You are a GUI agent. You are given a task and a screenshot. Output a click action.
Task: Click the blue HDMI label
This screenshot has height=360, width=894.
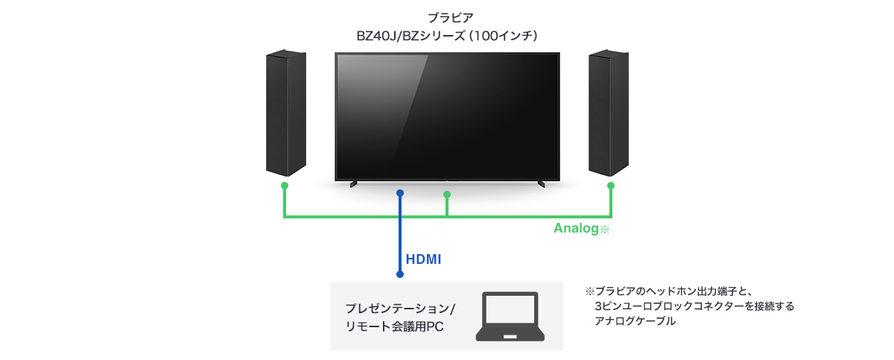point(423,259)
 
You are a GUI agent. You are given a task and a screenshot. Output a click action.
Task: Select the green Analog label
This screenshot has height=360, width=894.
point(576,229)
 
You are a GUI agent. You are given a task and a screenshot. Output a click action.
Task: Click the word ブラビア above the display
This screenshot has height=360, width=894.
point(446,17)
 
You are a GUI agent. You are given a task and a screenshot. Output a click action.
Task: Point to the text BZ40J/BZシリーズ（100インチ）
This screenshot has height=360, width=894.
point(446,35)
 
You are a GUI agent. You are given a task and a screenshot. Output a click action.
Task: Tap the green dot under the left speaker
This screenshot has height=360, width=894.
point(284,185)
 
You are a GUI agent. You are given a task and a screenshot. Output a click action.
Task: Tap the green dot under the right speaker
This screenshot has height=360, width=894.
point(611,185)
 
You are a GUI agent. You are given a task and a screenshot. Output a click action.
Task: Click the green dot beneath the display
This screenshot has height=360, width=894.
point(447,195)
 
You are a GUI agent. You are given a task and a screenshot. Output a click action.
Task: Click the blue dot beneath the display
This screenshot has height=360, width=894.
point(400,193)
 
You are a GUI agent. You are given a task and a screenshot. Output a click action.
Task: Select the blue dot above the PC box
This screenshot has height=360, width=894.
point(400,275)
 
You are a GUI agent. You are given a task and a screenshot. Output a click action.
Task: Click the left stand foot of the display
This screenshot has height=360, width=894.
point(354,183)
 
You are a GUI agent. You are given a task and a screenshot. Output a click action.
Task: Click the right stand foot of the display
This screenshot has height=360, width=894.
point(541,183)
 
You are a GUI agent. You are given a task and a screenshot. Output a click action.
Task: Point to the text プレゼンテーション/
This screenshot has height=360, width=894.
point(400,309)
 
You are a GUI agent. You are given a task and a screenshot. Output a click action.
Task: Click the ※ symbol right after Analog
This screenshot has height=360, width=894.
point(605,230)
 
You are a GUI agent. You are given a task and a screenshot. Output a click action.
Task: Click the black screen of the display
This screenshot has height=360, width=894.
point(447,116)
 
